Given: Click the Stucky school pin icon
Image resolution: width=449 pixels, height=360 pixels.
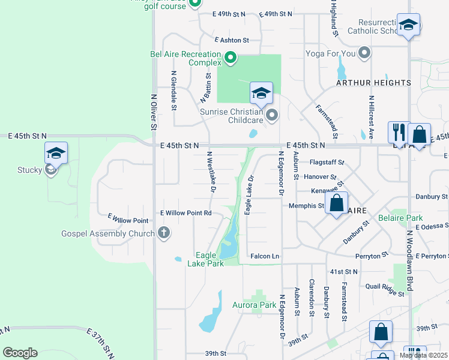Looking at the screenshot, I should [55, 153].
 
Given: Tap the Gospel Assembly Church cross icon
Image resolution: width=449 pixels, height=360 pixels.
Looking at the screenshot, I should [163, 233].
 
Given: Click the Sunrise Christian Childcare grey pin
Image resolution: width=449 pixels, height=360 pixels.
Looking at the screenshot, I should [272, 115].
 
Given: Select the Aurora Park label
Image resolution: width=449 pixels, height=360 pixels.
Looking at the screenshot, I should [254, 305].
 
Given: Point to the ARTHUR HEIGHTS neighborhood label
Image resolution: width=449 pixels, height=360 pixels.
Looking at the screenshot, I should [373, 83].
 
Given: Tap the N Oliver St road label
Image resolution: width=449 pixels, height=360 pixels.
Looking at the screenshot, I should [153, 114].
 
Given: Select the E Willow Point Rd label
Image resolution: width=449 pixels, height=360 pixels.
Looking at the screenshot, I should [185, 213].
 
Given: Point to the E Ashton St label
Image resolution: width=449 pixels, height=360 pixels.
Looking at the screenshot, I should [231, 40].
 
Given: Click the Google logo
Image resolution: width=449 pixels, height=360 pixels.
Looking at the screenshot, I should [20, 353].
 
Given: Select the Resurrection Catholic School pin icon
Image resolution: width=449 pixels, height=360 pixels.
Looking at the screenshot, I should [408, 25].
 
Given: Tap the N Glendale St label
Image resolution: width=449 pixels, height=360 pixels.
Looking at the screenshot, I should [173, 91].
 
